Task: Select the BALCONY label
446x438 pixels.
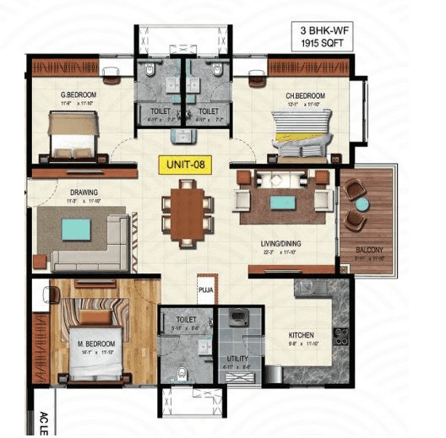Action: [x=369, y=250]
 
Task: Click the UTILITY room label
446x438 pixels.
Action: [x=237, y=358]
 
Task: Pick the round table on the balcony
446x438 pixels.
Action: [x=362, y=203]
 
